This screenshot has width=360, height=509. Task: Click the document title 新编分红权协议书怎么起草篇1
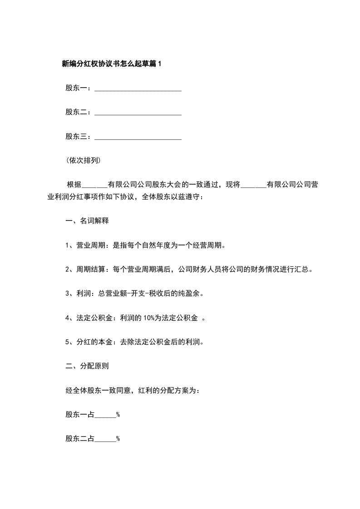coord(111,64)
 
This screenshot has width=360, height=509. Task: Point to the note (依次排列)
coord(83,161)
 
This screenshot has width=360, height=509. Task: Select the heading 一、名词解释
coord(87,221)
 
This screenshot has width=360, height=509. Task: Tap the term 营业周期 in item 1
coord(91,245)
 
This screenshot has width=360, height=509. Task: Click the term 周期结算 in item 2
coord(91,269)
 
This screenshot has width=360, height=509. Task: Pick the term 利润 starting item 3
coord(84,294)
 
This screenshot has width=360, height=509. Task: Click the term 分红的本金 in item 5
coord(94,342)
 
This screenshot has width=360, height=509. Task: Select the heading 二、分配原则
coord(87,366)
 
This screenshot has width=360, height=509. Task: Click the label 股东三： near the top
coord(79,137)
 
